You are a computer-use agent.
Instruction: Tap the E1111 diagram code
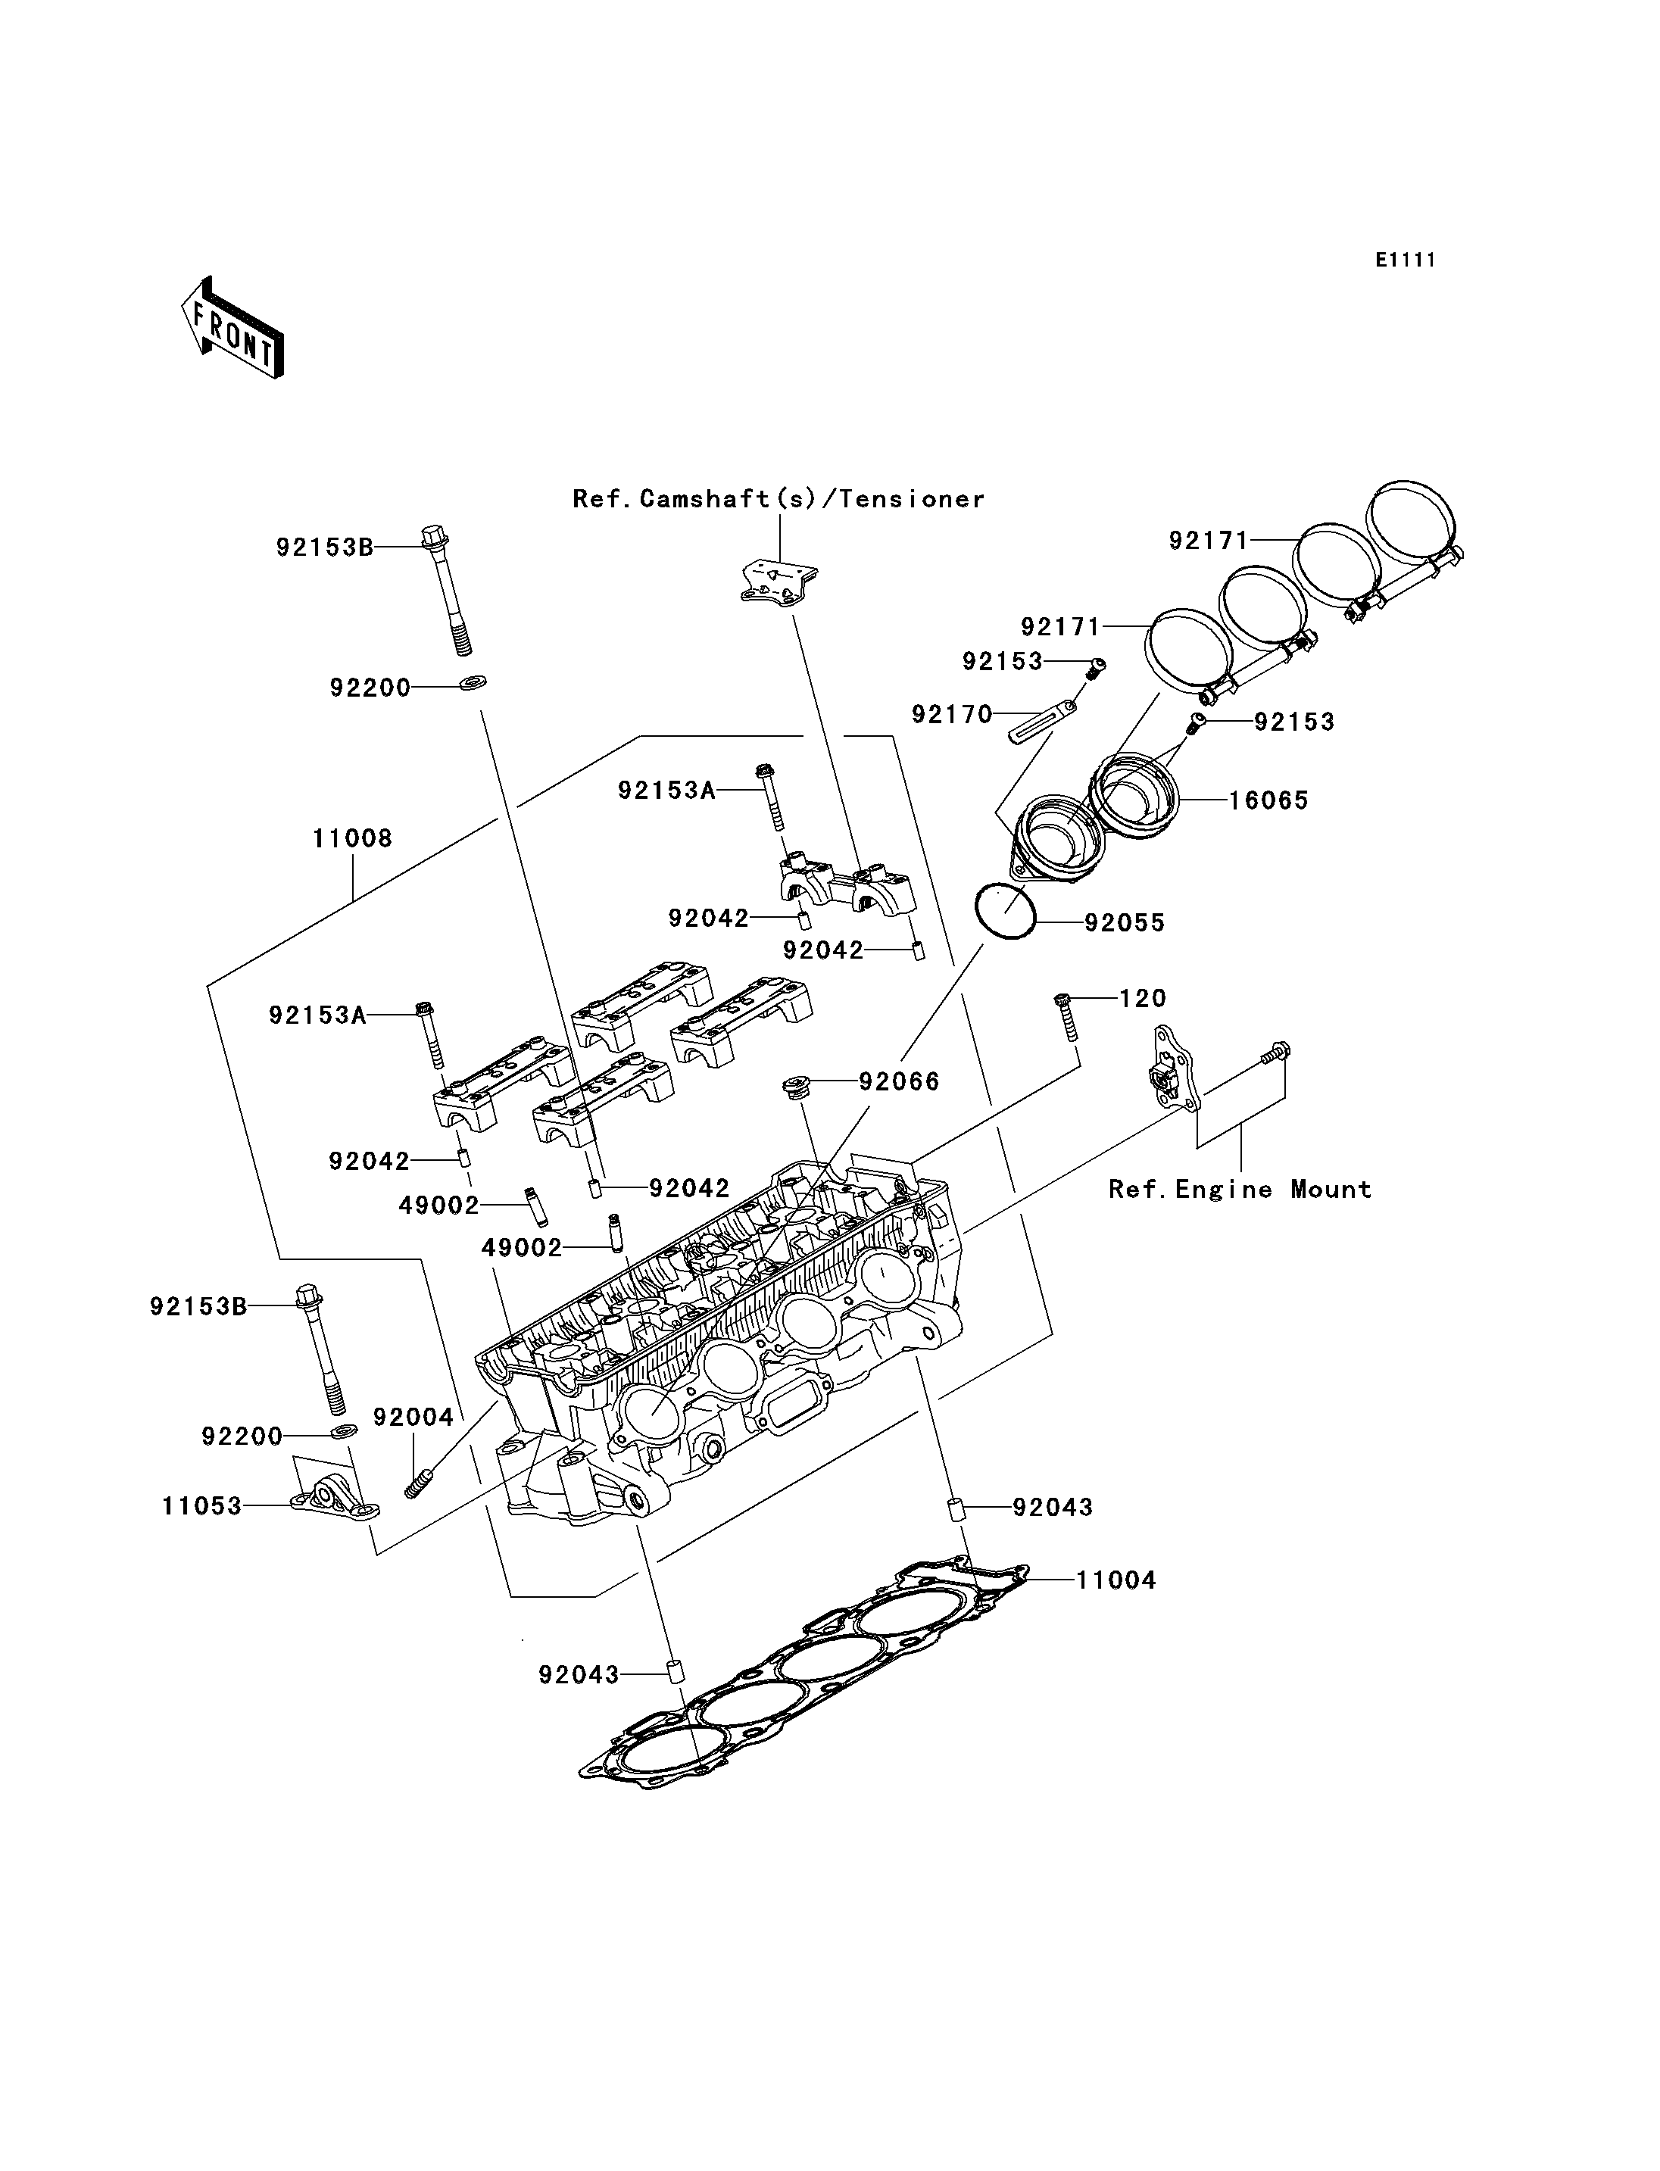[1405, 260]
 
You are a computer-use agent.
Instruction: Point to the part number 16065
[1268, 800]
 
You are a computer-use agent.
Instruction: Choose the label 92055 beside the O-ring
[1125, 923]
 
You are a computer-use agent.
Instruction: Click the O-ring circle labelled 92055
[1005, 911]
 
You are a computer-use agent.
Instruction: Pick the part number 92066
[899, 1081]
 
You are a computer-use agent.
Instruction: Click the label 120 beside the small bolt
[1144, 998]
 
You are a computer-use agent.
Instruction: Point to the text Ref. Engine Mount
[1240, 1189]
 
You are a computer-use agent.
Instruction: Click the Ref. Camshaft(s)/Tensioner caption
[779, 499]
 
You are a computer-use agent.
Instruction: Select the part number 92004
[413, 1417]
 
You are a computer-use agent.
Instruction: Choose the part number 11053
[201, 1506]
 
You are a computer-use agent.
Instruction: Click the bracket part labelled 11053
[335, 1494]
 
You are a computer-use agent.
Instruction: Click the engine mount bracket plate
[1173, 1069]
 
